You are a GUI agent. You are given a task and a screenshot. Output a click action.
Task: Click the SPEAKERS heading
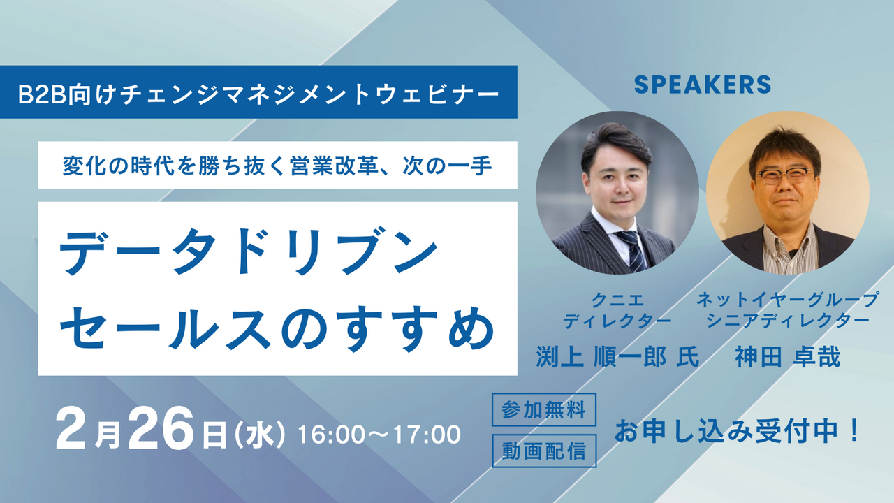(x=703, y=85)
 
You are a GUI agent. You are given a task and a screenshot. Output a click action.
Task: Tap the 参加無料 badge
(x=544, y=409)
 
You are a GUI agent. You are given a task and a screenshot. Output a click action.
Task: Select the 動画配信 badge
(x=544, y=451)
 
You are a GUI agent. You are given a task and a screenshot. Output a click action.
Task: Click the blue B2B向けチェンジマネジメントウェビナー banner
(x=258, y=92)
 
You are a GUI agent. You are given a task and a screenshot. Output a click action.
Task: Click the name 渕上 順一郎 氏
(x=617, y=357)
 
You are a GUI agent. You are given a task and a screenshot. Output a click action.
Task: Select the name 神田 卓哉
(x=788, y=357)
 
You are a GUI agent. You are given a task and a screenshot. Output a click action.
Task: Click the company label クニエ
(x=617, y=300)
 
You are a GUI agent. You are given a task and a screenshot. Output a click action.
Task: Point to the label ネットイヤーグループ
(x=788, y=300)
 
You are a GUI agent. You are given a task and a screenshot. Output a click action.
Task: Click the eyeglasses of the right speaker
(x=784, y=176)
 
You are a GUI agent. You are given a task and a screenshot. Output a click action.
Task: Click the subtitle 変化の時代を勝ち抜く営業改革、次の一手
(x=277, y=166)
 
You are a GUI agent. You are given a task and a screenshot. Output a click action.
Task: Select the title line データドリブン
(x=248, y=251)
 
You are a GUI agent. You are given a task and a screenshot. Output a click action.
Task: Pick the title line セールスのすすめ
(x=277, y=328)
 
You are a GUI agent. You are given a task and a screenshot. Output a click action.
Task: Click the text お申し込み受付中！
(x=737, y=431)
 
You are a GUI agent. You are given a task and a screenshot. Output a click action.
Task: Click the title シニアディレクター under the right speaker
(x=788, y=321)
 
